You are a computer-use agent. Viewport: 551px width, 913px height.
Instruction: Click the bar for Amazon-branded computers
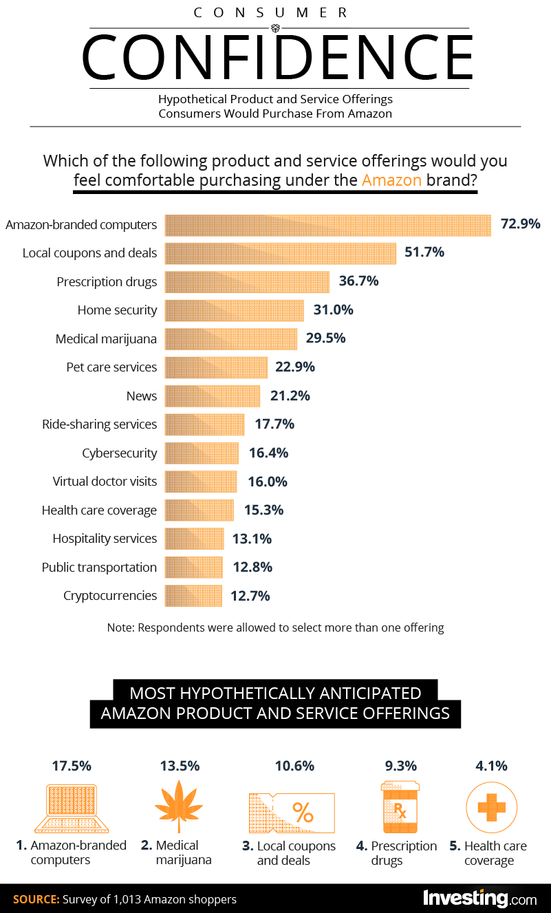coord(327,225)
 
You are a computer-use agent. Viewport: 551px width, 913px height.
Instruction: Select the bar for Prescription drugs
coord(247,282)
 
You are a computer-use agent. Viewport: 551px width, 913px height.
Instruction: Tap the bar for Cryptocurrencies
coord(194,596)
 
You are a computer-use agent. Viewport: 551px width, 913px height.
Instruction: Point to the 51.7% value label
coord(424,253)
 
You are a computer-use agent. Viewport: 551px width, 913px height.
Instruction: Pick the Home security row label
coord(117,310)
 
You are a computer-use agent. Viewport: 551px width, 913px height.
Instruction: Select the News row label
coord(142,396)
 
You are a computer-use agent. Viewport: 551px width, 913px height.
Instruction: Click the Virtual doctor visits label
coord(105,482)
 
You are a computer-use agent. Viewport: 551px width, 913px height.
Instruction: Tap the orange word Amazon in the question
coord(391,181)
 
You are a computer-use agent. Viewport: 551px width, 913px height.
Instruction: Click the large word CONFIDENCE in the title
coord(277,57)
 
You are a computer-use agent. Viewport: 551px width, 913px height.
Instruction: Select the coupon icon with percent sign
coord(291,813)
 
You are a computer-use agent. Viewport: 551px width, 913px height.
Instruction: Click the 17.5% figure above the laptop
coord(72,766)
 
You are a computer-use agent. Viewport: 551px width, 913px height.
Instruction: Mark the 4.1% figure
coord(491,766)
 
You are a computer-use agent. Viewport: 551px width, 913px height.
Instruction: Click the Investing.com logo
coord(479,899)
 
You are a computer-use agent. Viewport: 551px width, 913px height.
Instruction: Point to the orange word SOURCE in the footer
coord(35,899)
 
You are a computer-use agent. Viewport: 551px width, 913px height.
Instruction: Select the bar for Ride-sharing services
coord(205,425)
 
